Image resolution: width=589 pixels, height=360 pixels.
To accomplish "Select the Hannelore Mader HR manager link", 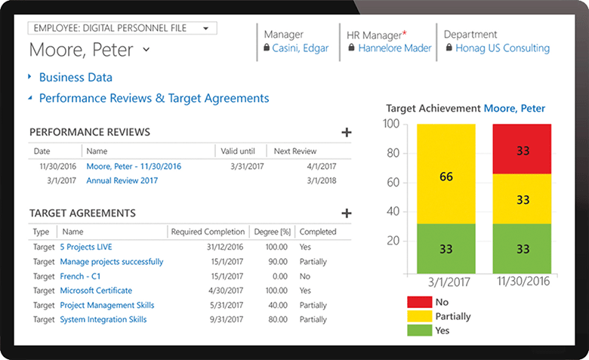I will [x=395, y=48].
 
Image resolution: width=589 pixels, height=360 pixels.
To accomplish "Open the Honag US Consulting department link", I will [x=502, y=48].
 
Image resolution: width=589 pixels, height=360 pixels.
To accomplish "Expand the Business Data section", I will [x=75, y=77].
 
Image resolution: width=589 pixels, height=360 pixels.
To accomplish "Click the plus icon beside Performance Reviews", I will [x=347, y=133].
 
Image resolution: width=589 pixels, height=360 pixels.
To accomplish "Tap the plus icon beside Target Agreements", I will [x=347, y=214].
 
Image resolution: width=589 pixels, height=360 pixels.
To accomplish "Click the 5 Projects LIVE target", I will [x=86, y=247].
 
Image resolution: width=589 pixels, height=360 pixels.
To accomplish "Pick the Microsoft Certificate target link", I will [x=96, y=291].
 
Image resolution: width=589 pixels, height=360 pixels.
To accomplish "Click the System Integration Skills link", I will [x=103, y=319].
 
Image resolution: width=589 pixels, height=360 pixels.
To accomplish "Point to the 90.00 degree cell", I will [x=276, y=262].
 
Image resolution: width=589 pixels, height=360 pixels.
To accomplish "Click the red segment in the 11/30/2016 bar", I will [x=522, y=149].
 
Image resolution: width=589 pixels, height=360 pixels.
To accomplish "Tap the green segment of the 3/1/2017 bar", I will [x=446, y=248].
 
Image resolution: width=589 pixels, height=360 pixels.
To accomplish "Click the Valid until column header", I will [x=239, y=151].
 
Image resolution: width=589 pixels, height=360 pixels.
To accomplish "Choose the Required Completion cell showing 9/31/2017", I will [x=227, y=319].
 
